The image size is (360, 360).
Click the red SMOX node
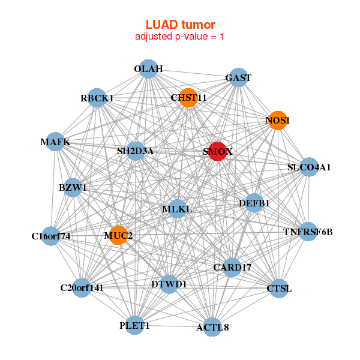(217, 152)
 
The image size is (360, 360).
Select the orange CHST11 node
(188, 98)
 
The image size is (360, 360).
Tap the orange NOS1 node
(277, 121)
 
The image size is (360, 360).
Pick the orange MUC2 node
(118, 236)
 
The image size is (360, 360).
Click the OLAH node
(148, 69)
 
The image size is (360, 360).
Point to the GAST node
(238, 77)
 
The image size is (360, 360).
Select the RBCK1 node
(97, 98)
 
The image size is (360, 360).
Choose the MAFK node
(55, 142)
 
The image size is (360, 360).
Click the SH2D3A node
(136, 151)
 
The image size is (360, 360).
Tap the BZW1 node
(73, 188)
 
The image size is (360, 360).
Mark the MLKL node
(177, 209)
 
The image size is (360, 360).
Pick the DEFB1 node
(254, 203)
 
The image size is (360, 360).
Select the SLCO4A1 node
(309, 167)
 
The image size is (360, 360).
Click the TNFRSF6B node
(308, 232)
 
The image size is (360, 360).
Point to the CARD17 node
(232, 267)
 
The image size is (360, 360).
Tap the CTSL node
(278, 289)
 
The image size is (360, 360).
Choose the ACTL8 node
(212, 327)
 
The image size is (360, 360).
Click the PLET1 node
(134, 325)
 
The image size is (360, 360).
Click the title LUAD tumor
(180, 25)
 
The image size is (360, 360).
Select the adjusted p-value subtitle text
(180, 37)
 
